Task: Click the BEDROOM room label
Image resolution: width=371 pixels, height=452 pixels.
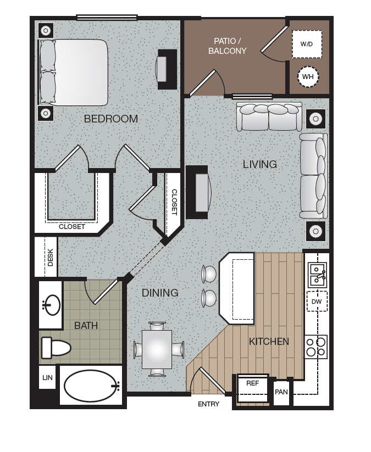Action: pyautogui.click(x=110, y=119)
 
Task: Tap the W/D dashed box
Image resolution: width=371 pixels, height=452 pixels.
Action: pyautogui.click(x=307, y=43)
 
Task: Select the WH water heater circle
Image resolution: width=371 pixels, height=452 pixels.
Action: pyautogui.click(x=307, y=77)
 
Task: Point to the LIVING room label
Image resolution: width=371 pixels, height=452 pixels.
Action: pyautogui.click(x=260, y=164)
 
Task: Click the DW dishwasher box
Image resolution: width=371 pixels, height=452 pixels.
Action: pyautogui.click(x=317, y=302)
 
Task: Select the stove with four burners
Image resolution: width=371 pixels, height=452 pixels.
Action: pyautogui.click(x=316, y=347)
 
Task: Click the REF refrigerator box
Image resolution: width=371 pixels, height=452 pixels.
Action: pyautogui.click(x=252, y=383)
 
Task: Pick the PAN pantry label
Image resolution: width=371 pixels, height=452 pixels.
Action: pyautogui.click(x=281, y=392)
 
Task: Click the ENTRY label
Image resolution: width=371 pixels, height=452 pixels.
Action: pyautogui.click(x=208, y=404)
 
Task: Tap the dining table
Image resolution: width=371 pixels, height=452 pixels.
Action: pyautogui.click(x=157, y=349)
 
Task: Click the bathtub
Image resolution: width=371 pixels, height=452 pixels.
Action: pyautogui.click(x=91, y=386)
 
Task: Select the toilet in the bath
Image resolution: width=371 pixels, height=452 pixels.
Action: pyautogui.click(x=56, y=347)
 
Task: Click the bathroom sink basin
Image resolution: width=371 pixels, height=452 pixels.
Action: pyautogui.click(x=53, y=305)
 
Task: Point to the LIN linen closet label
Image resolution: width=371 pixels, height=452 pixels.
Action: pyautogui.click(x=47, y=378)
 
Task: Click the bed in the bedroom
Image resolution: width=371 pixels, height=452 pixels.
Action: pyautogui.click(x=73, y=72)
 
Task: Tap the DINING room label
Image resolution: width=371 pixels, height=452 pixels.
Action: pyautogui.click(x=160, y=293)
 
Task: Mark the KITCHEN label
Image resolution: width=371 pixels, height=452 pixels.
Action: pyautogui.click(x=269, y=342)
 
